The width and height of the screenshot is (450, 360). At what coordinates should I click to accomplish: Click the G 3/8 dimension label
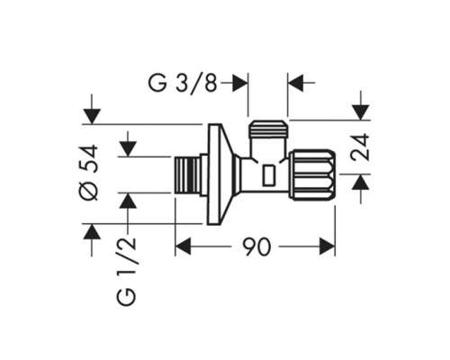coord(183,82)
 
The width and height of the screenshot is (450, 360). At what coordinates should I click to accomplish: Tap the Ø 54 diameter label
coord(90,172)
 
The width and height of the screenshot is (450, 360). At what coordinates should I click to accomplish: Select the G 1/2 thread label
coord(127,272)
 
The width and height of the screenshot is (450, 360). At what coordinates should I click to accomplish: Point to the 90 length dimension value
coord(256,247)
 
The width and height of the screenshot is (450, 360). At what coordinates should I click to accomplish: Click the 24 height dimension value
coord(360,148)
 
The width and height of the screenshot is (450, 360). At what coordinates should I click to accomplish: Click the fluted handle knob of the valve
coord(312,175)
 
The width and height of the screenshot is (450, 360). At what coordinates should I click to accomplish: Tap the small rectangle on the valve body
coord(269,175)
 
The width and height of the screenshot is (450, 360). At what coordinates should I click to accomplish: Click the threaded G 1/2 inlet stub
coord(187,175)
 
